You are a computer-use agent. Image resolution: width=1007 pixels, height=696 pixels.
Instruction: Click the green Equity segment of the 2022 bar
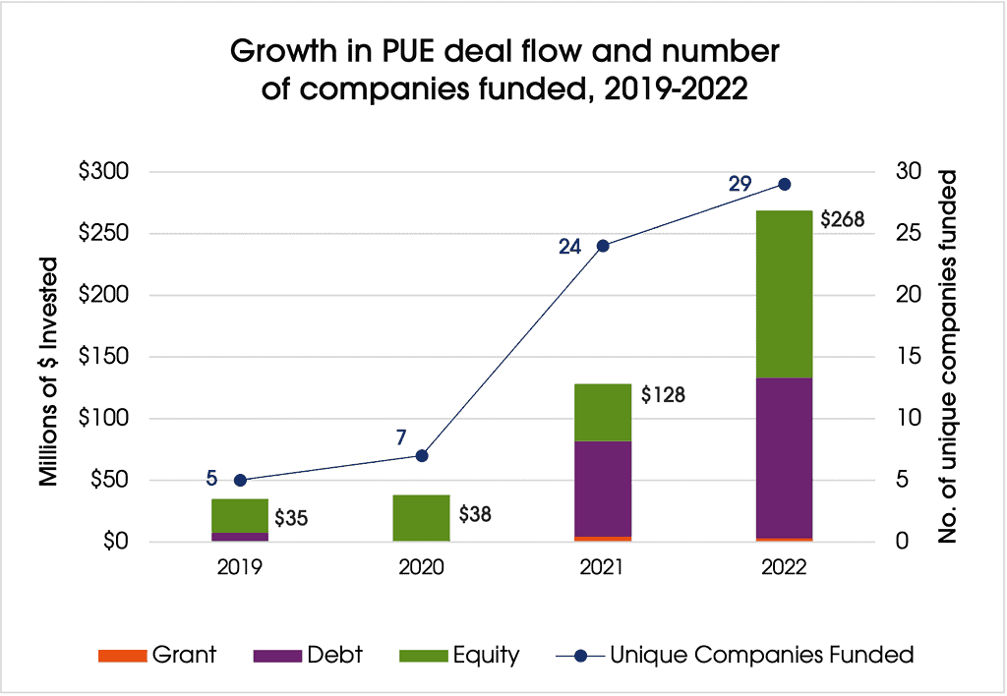pyautogui.click(x=784, y=294)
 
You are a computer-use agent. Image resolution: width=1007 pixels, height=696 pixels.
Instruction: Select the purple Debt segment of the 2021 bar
pyautogui.click(x=603, y=489)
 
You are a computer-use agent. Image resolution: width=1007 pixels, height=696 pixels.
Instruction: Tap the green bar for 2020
pyautogui.click(x=422, y=518)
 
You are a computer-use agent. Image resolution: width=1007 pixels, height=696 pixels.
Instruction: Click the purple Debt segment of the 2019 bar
pyautogui.click(x=240, y=537)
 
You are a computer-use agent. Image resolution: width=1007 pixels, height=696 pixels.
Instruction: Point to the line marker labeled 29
pyautogui.click(x=784, y=184)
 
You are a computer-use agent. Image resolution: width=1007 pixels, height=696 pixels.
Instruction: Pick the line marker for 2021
pyautogui.click(x=603, y=246)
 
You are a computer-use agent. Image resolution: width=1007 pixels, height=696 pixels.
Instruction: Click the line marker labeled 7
pyautogui.click(x=422, y=455)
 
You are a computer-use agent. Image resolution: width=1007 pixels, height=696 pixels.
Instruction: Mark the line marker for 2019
pyautogui.click(x=240, y=480)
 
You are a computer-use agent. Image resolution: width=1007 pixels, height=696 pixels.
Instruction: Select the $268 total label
pyautogui.click(x=843, y=219)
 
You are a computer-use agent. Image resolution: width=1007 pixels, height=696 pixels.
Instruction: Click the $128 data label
pyautogui.click(x=661, y=397)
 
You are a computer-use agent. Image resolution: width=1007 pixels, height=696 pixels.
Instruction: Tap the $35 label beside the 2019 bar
pyautogui.click(x=291, y=517)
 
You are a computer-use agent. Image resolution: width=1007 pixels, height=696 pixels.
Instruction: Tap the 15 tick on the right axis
pyautogui.click(x=911, y=357)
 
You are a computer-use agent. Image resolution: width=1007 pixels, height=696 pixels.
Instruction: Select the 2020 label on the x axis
pyautogui.click(x=422, y=568)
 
